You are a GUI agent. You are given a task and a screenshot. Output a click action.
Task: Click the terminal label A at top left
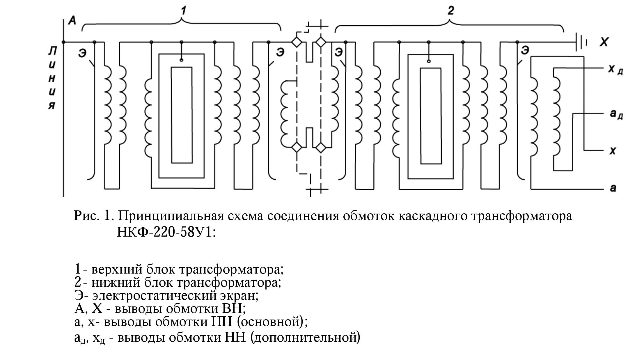72,21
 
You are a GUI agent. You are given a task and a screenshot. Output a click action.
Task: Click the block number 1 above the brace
183,11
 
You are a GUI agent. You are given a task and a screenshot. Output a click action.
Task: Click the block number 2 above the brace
450,11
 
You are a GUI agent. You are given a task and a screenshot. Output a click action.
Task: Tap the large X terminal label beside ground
604,42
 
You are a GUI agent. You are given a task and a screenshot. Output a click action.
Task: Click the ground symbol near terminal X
581,42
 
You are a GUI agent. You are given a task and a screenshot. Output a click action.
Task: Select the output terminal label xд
615,70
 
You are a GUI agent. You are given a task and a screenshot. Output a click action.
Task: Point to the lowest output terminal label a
613,188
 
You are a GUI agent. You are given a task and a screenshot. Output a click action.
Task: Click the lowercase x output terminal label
612,151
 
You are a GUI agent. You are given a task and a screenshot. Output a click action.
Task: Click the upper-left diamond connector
297,42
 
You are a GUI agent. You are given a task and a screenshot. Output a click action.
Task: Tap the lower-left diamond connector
297,148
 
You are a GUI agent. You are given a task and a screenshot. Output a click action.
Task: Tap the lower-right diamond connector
321,148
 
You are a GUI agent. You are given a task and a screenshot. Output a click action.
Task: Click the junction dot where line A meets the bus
64,42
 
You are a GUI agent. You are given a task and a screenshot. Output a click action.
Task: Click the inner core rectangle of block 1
182,115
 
